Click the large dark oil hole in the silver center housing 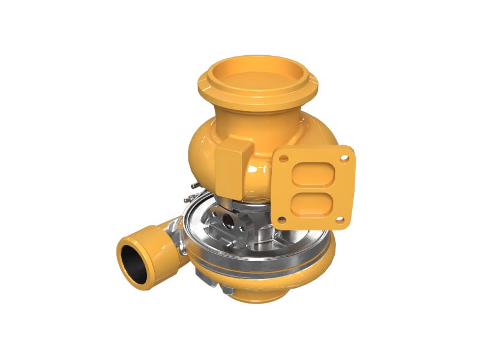tap(228, 222)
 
